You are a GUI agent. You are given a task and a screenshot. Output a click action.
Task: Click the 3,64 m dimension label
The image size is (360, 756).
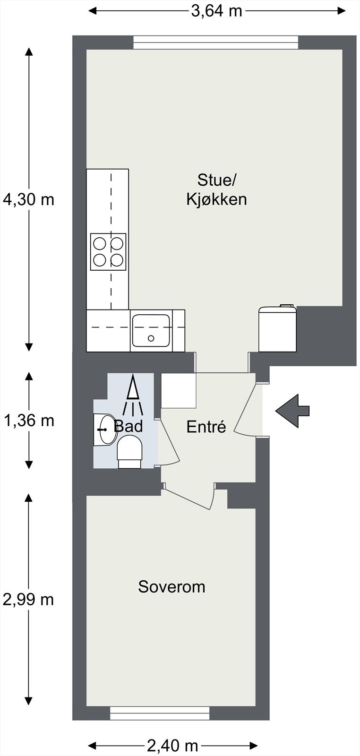[216, 11]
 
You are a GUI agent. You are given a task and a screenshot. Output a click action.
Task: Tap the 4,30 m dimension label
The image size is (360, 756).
[28, 199]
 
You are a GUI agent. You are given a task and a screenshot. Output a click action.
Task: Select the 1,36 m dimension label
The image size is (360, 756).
[28, 420]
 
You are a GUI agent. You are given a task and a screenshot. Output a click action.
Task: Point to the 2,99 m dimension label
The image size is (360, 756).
[28, 600]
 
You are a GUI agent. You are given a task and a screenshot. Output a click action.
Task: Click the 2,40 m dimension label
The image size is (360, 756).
[172, 746]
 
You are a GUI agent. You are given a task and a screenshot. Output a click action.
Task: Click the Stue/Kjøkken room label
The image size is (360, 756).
[216, 189]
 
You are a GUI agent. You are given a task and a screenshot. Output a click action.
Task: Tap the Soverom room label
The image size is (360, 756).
[171, 587]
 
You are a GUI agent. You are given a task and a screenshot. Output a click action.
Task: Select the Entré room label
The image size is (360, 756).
[206, 427]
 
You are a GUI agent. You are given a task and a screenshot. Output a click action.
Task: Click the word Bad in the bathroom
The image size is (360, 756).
[129, 427]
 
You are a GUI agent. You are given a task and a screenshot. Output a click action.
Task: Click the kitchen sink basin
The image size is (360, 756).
[151, 330]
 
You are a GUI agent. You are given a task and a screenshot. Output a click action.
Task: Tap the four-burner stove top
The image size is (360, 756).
[109, 251]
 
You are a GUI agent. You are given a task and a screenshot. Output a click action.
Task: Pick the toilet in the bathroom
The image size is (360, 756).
[129, 451]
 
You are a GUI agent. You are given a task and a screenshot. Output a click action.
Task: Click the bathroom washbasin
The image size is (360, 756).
[105, 430]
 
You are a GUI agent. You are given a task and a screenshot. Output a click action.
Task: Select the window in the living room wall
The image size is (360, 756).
[215, 43]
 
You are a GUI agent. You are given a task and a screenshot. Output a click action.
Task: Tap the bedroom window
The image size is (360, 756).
[160, 713]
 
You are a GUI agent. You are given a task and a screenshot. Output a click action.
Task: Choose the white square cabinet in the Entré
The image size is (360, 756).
[179, 390]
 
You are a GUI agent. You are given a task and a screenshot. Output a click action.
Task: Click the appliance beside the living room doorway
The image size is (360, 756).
[278, 328]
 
